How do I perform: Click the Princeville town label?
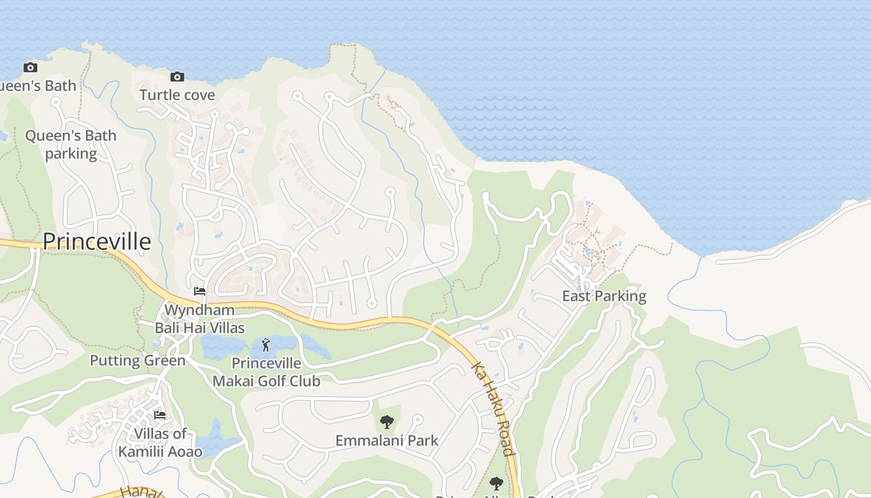click(96, 242)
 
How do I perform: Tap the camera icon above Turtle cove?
click(177, 77)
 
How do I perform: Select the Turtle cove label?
click(177, 95)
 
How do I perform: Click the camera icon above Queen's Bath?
click(30, 67)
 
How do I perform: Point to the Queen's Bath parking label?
click(71, 144)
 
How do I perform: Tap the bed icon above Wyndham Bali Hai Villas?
click(200, 291)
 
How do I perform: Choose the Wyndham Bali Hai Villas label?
click(200, 319)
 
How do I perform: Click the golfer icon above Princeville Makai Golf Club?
click(266, 344)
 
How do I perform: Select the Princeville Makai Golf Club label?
click(266, 372)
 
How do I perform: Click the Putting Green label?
click(137, 360)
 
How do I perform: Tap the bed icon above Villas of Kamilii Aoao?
click(160, 415)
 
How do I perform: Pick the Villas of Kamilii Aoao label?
click(161, 443)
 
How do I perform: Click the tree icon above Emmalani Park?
click(387, 422)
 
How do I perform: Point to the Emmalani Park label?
click(387, 441)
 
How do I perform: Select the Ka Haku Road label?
click(493, 409)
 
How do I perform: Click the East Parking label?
click(604, 296)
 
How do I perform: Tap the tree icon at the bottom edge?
click(496, 483)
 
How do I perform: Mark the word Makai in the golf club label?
click(238, 381)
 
